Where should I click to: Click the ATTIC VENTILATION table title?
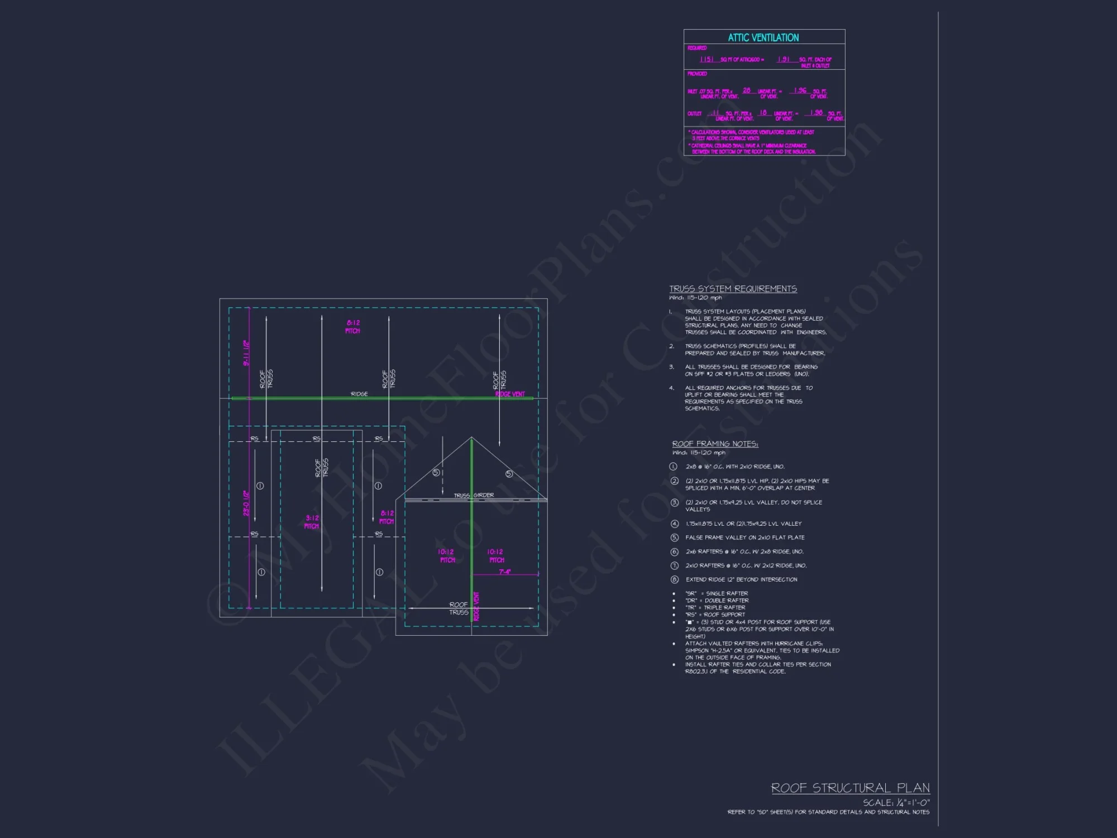(763, 37)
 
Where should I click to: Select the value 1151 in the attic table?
(707, 59)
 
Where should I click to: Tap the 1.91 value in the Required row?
(784, 59)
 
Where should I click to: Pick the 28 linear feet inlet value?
(747, 91)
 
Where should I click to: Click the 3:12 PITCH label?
(312, 522)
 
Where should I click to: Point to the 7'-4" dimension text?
(504, 572)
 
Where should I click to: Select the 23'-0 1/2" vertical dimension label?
(246, 503)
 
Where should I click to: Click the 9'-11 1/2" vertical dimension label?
(246, 353)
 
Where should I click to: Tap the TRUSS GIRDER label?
(474, 496)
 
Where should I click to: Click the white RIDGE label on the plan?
(359, 394)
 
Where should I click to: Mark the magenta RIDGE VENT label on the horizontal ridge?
(510, 394)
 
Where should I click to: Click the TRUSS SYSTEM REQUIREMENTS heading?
(733, 289)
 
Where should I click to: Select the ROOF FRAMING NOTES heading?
(715, 444)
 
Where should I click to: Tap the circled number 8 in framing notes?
(674, 579)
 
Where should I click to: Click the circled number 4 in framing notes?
(674, 523)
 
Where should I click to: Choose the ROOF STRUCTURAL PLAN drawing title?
(850, 788)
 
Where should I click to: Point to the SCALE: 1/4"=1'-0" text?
(896, 802)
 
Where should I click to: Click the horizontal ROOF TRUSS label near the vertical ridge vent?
(459, 608)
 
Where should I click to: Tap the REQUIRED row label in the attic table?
(697, 48)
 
